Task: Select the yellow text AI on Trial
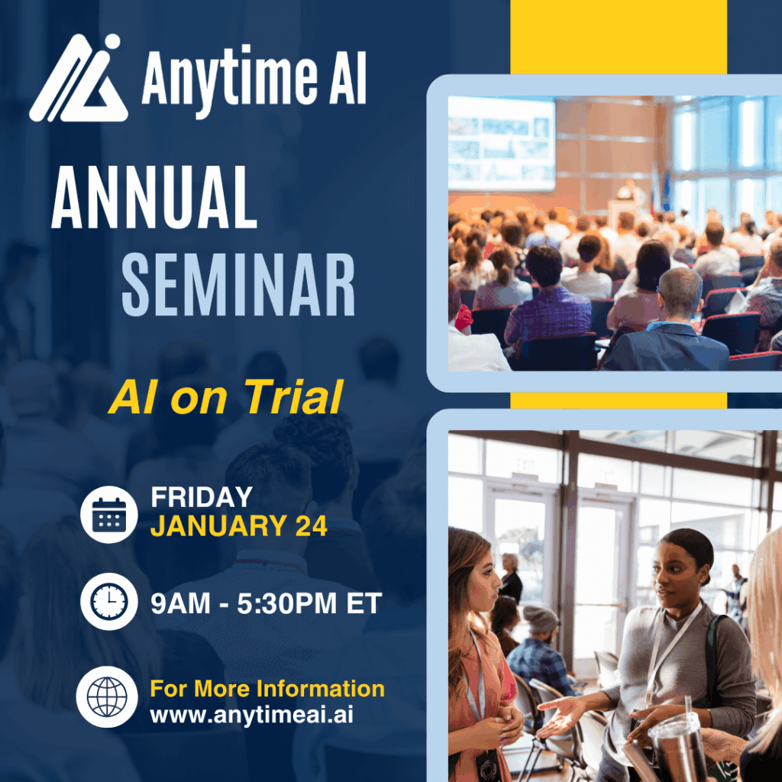tap(225, 397)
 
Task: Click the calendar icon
tap(109, 514)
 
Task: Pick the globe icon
tap(107, 696)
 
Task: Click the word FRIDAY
tap(202, 498)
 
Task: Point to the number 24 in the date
tap(310, 526)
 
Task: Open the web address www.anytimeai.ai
tap(251, 716)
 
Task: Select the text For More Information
tap(267, 689)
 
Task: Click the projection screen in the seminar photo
tap(501, 143)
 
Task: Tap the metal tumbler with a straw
tap(676, 745)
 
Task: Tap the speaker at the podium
tap(629, 192)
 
